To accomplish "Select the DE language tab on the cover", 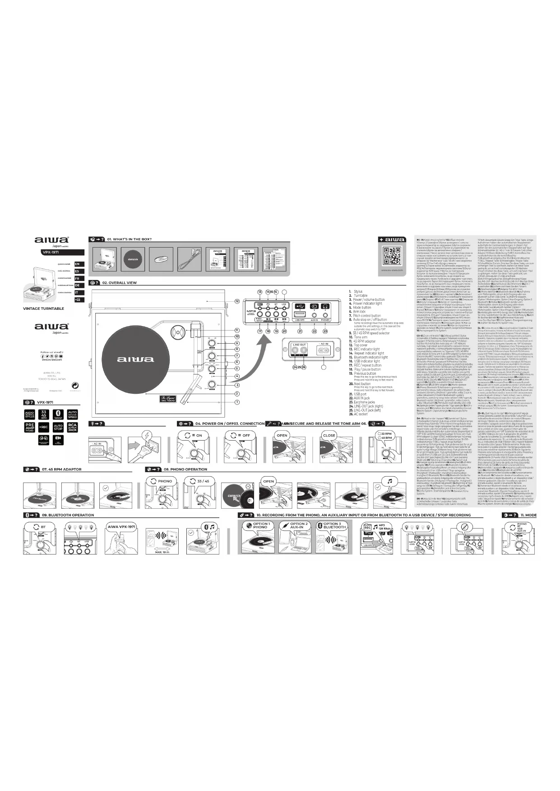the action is [77, 285].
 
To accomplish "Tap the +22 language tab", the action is [77, 299].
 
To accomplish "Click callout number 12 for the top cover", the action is [237, 301].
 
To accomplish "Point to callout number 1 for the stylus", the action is [237, 402].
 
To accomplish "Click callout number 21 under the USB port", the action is [300, 331].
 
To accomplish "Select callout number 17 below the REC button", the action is [260, 331].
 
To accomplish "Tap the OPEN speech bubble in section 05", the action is [282, 436].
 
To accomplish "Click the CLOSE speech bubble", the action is [329, 436].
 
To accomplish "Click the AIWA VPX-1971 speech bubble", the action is [121, 527].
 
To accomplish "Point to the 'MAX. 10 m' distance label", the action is [162, 552].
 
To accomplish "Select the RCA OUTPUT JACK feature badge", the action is [72, 427].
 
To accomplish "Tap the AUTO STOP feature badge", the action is [58, 427].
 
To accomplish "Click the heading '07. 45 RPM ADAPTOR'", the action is [61, 469].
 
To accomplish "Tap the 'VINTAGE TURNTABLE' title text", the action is [44, 308].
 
